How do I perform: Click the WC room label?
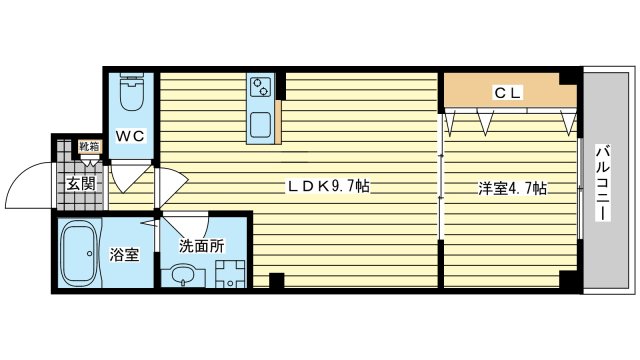tap(131, 136)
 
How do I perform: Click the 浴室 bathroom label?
tap(125, 254)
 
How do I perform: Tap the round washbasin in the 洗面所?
tap(182, 274)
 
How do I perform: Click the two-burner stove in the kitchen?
tap(262, 88)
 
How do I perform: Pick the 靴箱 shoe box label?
tap(89, 147)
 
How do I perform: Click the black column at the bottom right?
tap(568, 281)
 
